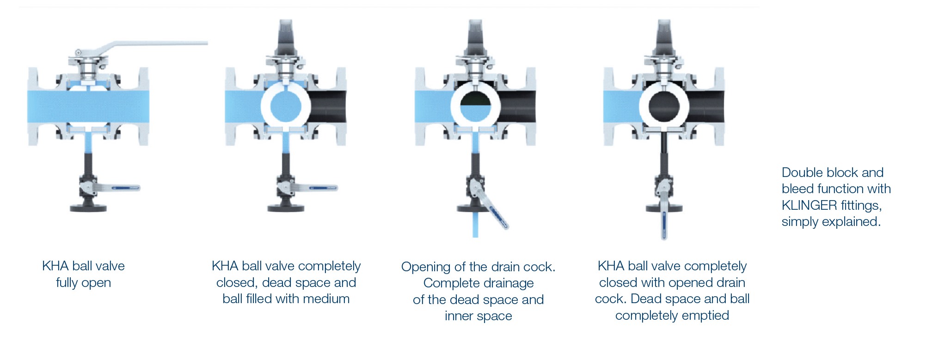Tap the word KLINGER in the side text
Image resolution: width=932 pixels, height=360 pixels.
(x=809, y=205)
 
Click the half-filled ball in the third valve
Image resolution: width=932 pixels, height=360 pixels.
(x=475, y=106)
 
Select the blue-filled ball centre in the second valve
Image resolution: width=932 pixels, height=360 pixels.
(x=286, y=106)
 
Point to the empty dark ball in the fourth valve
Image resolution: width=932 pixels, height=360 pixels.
(x=664, y=106)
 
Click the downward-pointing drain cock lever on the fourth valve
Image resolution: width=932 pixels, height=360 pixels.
(x=664, y=215)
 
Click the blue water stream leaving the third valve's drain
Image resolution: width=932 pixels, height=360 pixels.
(x=475, y=225)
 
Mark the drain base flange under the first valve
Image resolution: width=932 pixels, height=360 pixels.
(x=88, y=207)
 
